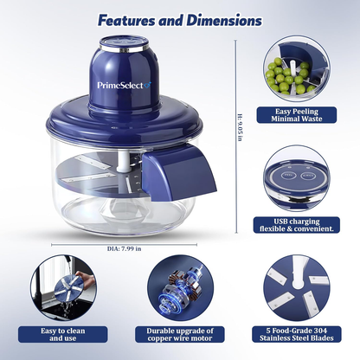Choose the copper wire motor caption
pos(179,333)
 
